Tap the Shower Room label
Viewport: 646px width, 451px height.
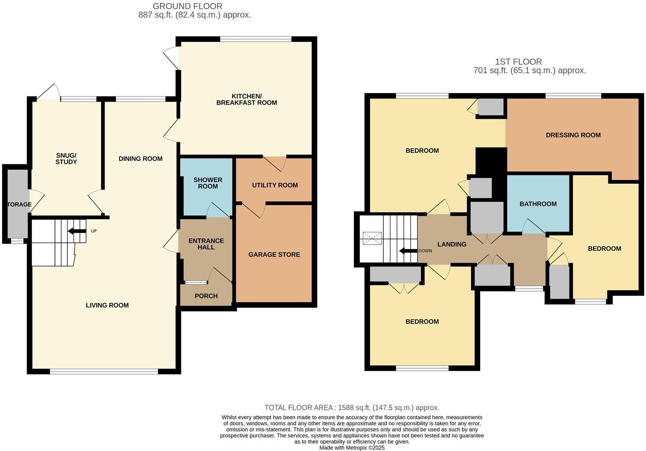(x=208, y=183)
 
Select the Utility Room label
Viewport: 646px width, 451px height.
(x=275, y=185)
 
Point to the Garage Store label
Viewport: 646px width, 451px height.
(x=274, y=255)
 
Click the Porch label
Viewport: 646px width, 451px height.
(x=206, y=296)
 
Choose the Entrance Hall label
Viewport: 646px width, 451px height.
(x=206, y=244)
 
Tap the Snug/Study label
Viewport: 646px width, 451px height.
(x=66, y=159)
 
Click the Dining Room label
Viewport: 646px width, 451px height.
(x=140, y=159)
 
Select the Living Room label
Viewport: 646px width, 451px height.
(x=107, y=305)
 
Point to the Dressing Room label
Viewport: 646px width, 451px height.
(x=573, y=135)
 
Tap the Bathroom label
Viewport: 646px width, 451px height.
(x=538, y=204)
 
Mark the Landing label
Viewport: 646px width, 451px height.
(x=452, y=245)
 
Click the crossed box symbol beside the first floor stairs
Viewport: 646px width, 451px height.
(x=372, y=238)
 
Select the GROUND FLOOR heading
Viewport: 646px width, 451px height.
(x=188, y=6)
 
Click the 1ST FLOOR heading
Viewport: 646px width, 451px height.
(x=518, y=62)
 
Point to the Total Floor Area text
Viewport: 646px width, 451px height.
(x=352, y=408)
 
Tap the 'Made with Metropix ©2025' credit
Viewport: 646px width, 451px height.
(x=352, y=448)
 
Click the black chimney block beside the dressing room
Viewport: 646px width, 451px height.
(x=491, y=161)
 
